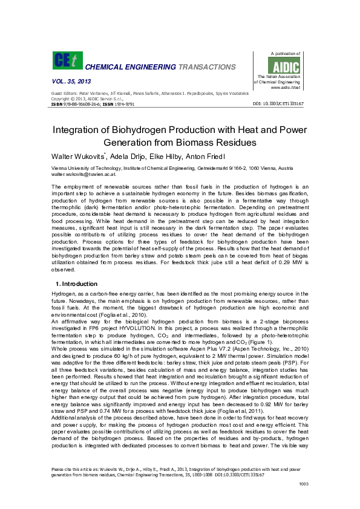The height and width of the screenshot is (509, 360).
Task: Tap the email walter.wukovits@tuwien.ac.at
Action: [x=85, y=173]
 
